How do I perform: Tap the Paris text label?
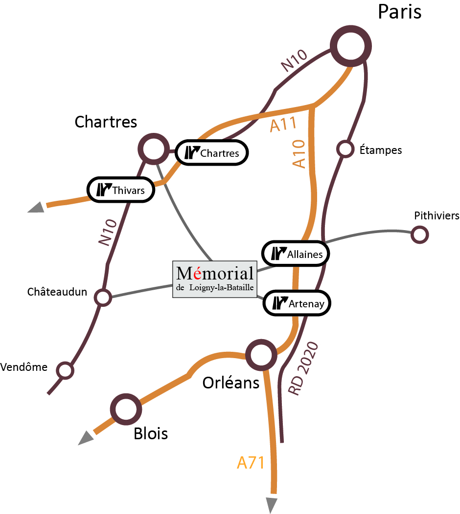(x=400, y=12)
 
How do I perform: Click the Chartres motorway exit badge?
(x=212, y=153)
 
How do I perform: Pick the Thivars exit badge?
(x=121, y=190)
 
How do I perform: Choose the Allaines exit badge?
(x=296, y=254)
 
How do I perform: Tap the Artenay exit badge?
(x=297, y=303)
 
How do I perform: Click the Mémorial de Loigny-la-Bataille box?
(x=215, y=279)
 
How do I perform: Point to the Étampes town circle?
(x=345, y=142)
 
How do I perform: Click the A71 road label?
(x=251, y=463)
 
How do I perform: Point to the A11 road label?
(x=283, y=124)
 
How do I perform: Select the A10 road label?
(x=299, y=154)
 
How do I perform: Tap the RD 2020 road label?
(x=303, y=368)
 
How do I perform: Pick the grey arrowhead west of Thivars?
(x=36, y=208)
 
